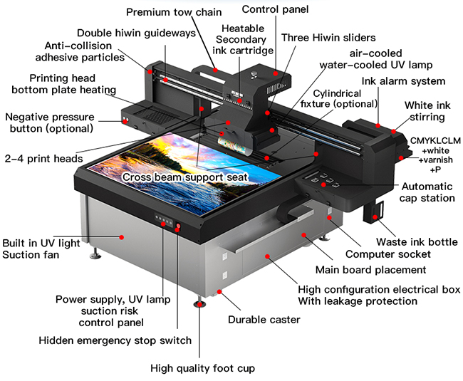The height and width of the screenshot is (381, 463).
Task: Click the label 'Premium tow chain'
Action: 174,12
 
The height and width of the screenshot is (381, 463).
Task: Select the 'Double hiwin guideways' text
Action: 135,33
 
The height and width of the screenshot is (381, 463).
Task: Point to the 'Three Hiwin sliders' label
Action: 328,37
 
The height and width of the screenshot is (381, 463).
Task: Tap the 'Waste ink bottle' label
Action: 417,241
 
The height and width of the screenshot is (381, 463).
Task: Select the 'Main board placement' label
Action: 370,270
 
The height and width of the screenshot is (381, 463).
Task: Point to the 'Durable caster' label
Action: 264,320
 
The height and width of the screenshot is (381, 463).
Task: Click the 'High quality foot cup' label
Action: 202,368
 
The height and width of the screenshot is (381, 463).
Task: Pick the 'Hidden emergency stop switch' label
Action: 115,340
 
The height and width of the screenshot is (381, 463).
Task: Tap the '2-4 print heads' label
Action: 43,158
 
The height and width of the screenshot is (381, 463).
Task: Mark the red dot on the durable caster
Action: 221,292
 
